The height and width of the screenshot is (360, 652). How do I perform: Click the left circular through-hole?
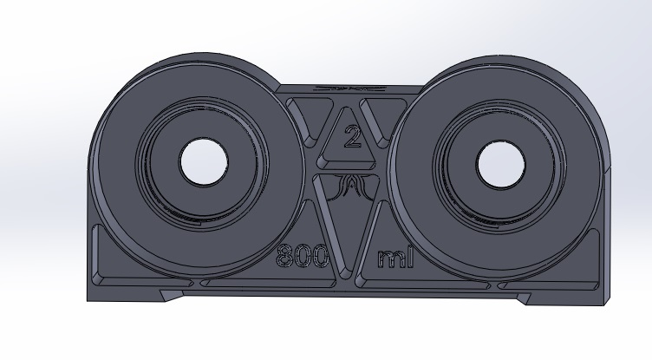[204, 162]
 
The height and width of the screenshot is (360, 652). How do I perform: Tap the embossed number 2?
[353, 137]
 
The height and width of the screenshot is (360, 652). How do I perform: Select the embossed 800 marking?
[303, 256]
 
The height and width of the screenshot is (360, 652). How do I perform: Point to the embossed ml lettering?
[395, 258]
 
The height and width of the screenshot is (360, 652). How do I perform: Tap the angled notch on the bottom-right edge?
[524, 298]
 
